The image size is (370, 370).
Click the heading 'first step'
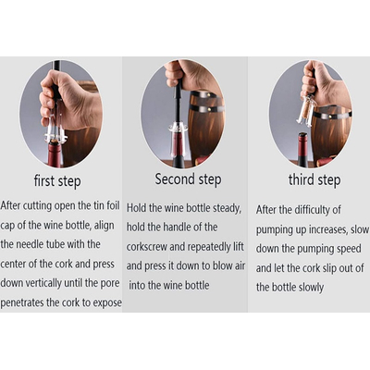(57, 181)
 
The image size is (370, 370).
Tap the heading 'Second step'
(188, 179)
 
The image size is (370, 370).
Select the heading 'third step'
(314, 179)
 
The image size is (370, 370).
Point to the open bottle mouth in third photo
(302, 135)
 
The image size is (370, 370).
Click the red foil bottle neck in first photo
(55, 154)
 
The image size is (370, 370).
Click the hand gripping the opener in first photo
(70, 100)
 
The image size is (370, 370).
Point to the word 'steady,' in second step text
(227, 208)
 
